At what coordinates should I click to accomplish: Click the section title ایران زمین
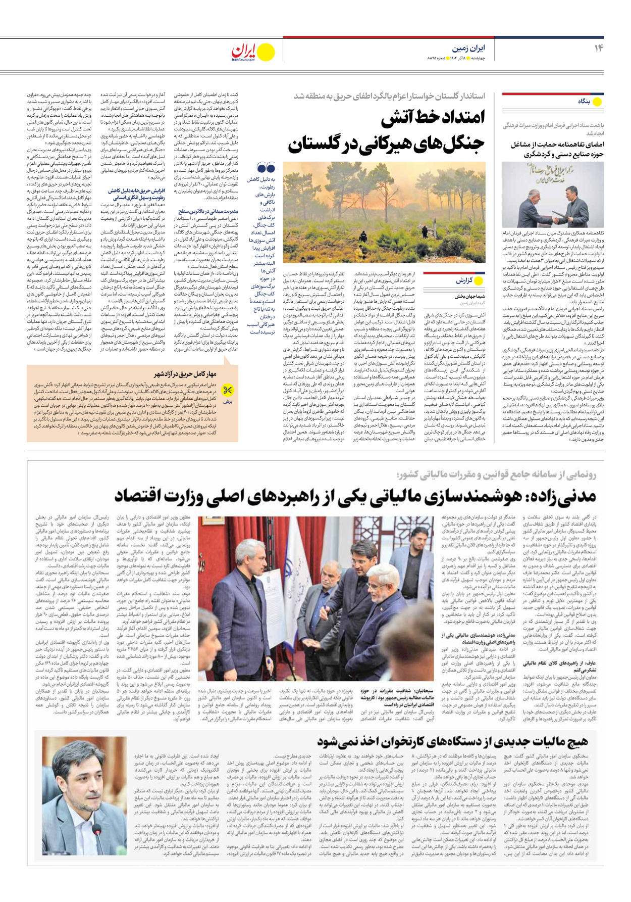click(x=468, y=49)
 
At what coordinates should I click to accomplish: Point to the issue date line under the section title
click(x=456, y=59)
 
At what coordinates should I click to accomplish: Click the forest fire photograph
click(x=384, y=212)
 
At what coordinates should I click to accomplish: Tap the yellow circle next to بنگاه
click(x=597, y=102)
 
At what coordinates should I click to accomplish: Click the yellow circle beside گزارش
click(x=479, y=280)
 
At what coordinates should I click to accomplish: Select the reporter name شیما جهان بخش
click(x=469, y=297)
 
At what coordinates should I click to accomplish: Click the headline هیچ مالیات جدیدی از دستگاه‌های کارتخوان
click(x=452, y=741)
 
